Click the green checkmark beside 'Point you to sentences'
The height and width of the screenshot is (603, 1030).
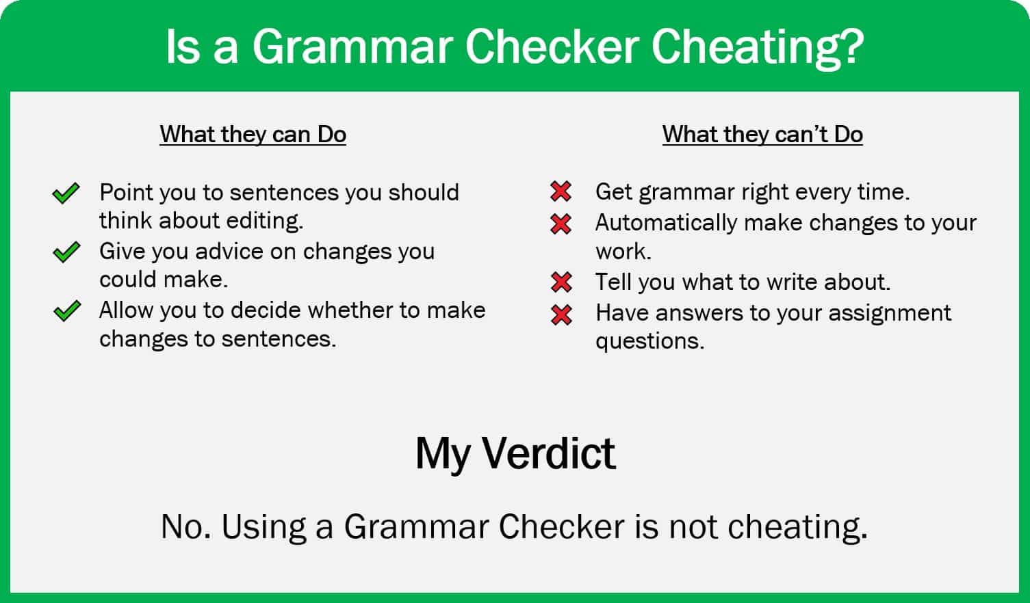66,193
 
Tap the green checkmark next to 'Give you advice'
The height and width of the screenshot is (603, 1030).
66,252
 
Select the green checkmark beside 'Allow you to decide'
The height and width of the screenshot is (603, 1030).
66,312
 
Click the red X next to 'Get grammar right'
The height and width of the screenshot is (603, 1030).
561,192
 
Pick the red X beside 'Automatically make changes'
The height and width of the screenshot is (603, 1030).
561,224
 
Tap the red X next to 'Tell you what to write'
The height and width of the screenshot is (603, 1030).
561,282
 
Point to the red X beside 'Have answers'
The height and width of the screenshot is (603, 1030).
561,314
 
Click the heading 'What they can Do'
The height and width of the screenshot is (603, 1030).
253,134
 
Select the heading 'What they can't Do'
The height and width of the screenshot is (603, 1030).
762,134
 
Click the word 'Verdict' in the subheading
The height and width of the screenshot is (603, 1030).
548,453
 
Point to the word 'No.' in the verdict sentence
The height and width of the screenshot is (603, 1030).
186,527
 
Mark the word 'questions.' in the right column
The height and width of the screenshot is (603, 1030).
649,341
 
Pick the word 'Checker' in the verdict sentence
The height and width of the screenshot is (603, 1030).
561,527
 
